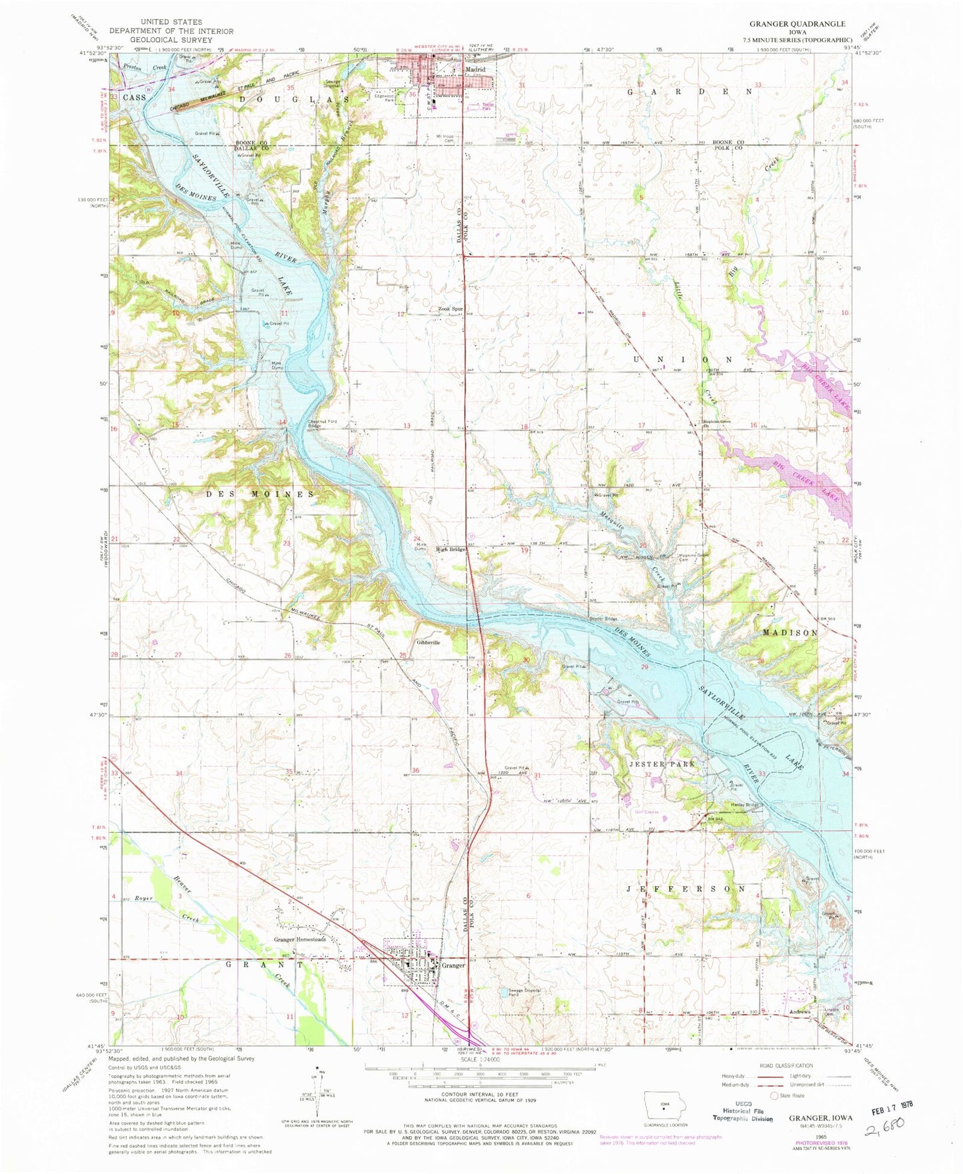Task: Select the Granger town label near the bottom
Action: tap(453, 965)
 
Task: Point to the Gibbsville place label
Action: tap(428, 643)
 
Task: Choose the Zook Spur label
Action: tap(451, 309)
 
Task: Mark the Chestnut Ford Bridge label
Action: tap(322, 423)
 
